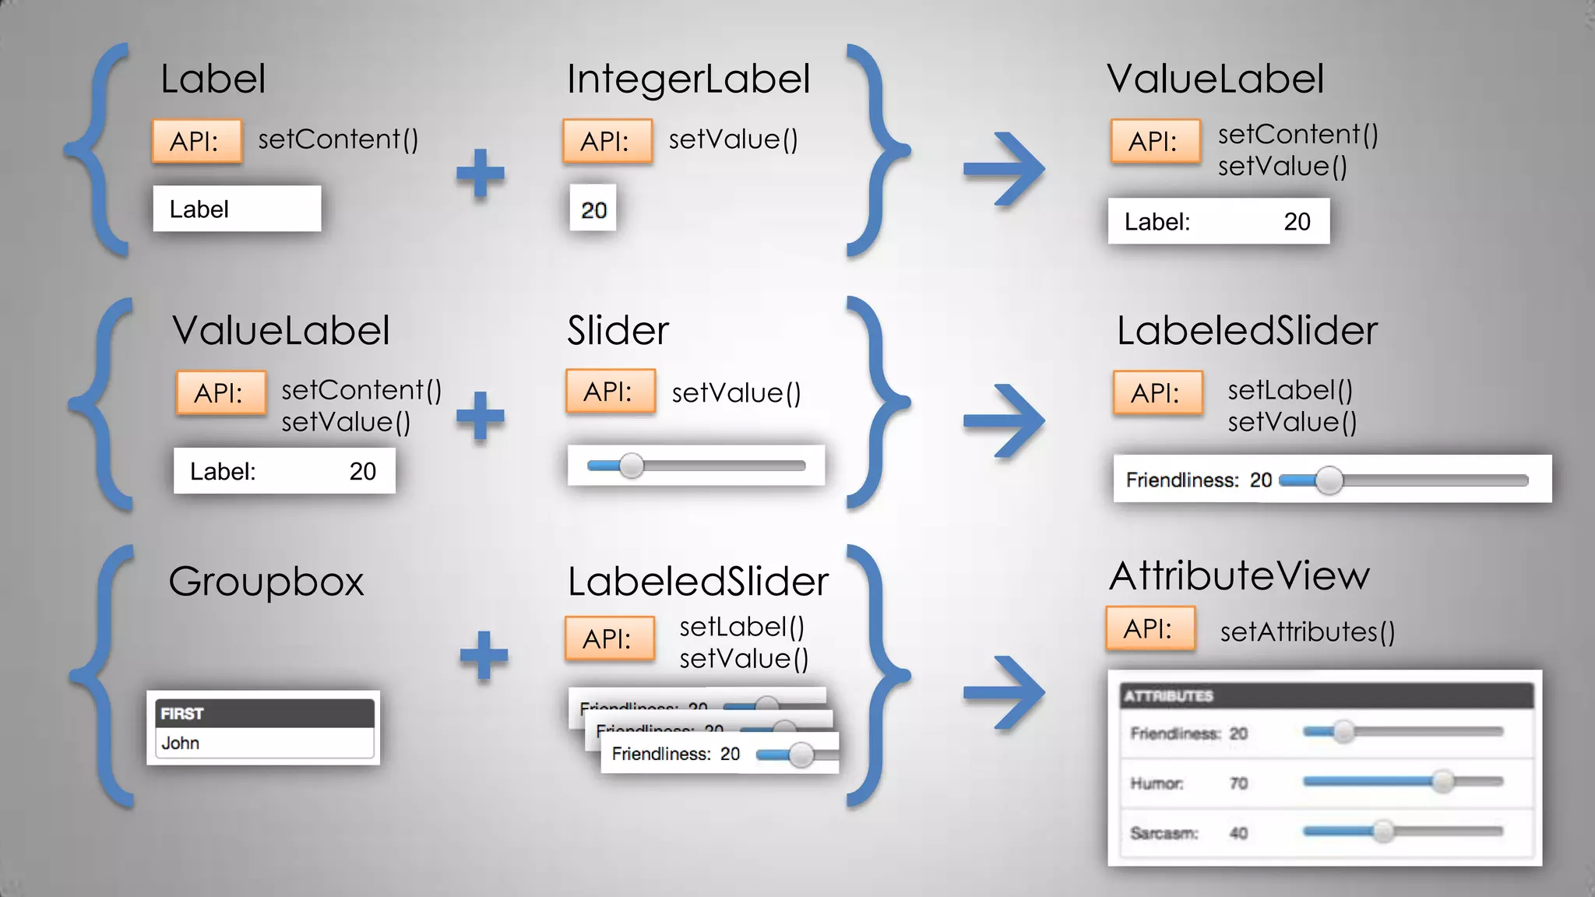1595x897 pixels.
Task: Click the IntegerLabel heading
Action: [x=688, y=79]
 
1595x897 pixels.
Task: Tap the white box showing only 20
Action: [x=593, y=209]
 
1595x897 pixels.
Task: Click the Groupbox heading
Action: [x=266, y=582]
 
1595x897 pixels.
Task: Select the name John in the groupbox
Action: [x=181, y=744]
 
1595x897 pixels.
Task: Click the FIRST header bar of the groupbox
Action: [x=264, y=713]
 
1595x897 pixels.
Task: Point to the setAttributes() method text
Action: [x=1307, y=631]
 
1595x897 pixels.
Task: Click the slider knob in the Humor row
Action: [x=1442, y=781]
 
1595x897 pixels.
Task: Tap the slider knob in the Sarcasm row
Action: [x=1383, y=831]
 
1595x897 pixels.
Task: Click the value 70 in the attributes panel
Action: [x=1238, y=783]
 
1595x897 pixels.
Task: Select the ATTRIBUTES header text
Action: [x=1168, y=696]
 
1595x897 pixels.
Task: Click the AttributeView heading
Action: [x=1238, y=576]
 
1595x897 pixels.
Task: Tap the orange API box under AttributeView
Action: [x=1150, y=628]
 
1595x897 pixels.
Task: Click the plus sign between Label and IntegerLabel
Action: [x=481, y=173]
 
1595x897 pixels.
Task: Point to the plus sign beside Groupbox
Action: [x=484, y=655]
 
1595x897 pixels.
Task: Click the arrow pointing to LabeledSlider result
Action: [x=1005, y=421]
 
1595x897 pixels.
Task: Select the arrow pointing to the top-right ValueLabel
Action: [x=1005, y=169]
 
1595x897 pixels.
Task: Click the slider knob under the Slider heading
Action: [x=632, y=466]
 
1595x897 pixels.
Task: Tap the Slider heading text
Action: [x=618, y=331]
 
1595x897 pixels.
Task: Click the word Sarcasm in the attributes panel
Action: [x=1164, y=833]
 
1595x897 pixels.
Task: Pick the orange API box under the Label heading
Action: [x=196, y=141]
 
